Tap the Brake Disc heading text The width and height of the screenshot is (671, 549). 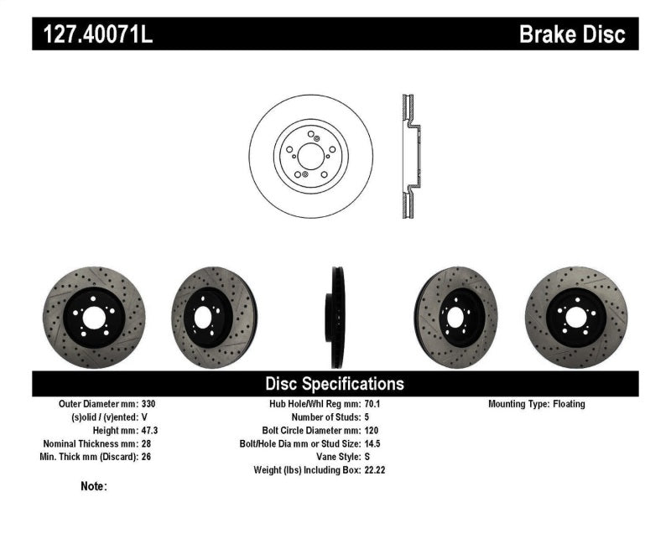click(x=572, y=34)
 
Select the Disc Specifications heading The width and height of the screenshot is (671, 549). click(x=335, y=384)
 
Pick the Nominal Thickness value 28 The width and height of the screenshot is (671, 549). click(x=146, y=443)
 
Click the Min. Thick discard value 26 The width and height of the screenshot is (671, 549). click(x=146, y=457)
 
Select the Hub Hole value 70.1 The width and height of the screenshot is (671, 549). click(x=373, y=404)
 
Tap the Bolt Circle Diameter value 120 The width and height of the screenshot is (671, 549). click(x=372, y=430)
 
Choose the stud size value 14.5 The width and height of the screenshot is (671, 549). click(x=373, y=443)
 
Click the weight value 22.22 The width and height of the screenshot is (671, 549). click(x=376, y=470)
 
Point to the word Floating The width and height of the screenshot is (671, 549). click(x=569, y=404)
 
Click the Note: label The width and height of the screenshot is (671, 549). click(x=93, y=486)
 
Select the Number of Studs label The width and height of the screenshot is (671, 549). click(x=325, y=417)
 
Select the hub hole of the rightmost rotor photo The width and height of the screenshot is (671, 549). click(x=575, y=316)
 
